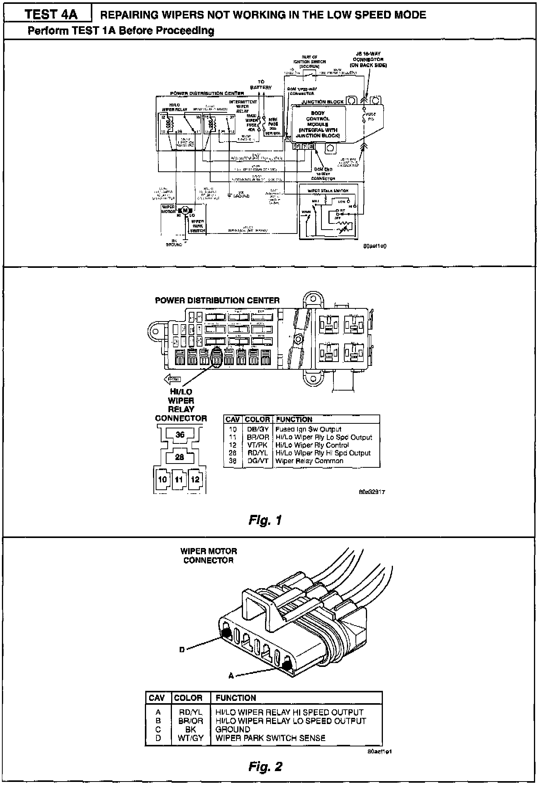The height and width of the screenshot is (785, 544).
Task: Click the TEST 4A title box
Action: (51, 15)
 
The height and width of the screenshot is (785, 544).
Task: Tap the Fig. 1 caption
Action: (265, 520)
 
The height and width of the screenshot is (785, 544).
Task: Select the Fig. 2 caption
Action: (265, 766)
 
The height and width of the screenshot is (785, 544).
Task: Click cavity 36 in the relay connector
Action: (180, 435)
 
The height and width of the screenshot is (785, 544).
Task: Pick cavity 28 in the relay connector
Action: (180, 457)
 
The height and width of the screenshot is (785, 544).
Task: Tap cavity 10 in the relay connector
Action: (162, 479)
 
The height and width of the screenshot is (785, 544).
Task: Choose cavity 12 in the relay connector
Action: (195, 479)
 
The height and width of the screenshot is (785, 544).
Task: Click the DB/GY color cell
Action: (258, 429)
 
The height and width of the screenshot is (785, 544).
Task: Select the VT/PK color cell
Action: (258, 445)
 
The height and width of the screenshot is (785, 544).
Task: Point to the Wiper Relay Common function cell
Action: (309, 461)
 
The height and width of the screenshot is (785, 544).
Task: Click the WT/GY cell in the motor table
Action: (190, 738)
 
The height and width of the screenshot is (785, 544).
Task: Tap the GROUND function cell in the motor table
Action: (233, 729)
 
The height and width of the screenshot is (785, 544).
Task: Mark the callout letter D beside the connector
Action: (182, 650)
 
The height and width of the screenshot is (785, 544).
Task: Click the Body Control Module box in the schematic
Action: (318, 124)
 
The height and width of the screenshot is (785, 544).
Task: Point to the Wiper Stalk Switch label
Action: (328, 191)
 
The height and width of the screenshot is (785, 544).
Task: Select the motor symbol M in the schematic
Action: (185, 210)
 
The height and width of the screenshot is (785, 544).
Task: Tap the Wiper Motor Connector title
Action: (208, 555)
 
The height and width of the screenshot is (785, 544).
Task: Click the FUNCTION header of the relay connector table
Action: (294, 420)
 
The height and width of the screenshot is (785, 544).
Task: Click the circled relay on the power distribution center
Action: (216, 355)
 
